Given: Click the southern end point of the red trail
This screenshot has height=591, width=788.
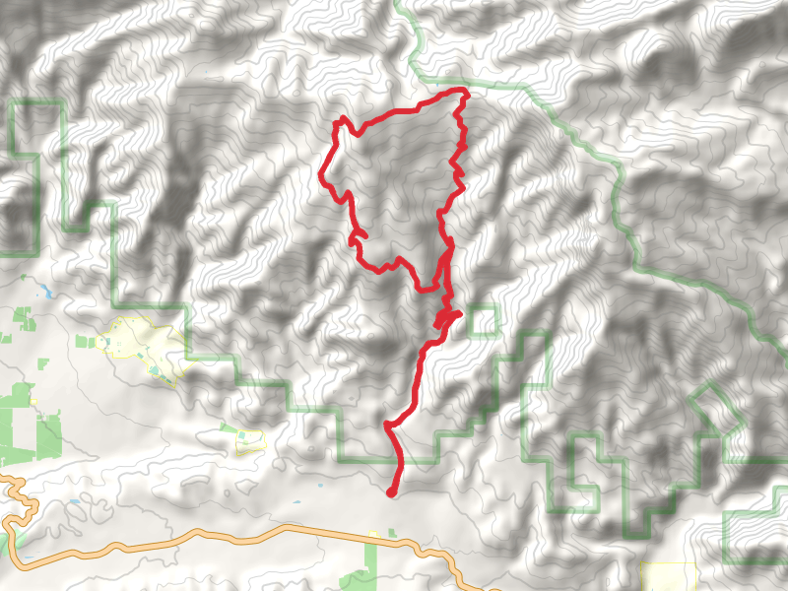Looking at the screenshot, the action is (391, 492).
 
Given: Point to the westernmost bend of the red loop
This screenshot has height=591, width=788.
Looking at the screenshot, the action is (322, 177).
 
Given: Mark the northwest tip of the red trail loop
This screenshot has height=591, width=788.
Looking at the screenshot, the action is (341, 121).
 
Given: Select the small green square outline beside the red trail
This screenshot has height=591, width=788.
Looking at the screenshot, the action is (483, 321).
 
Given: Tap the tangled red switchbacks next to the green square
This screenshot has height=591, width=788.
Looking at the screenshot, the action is (444, 319).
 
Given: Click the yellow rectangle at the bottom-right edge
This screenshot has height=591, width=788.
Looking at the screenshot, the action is (668, 576).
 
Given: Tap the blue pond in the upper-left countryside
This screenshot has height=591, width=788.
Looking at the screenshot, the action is (44, 292).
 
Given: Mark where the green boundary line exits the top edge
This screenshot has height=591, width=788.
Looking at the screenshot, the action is (398, 3).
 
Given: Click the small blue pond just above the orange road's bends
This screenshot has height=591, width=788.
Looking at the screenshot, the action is (75, 503).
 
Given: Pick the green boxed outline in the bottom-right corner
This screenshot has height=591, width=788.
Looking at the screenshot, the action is (755, 537).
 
